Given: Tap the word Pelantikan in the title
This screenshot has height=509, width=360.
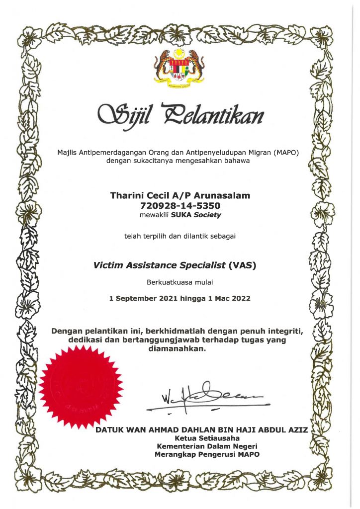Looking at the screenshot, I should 226,116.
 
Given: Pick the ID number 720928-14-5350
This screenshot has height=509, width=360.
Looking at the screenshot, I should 180,205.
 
